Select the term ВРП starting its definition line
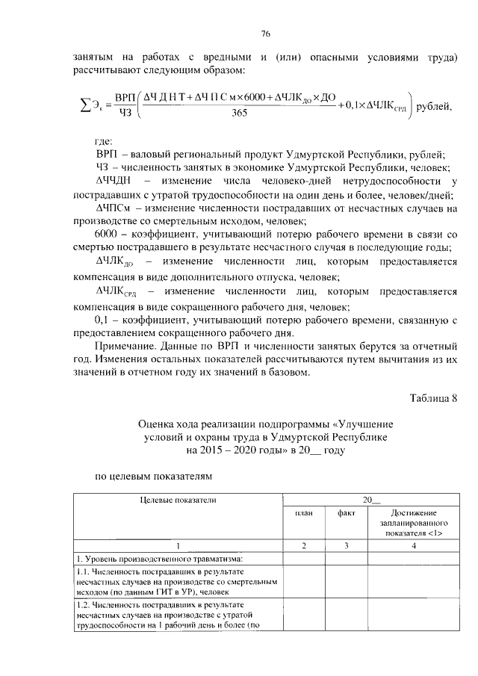pyautogui.click(x=109, y=153)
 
